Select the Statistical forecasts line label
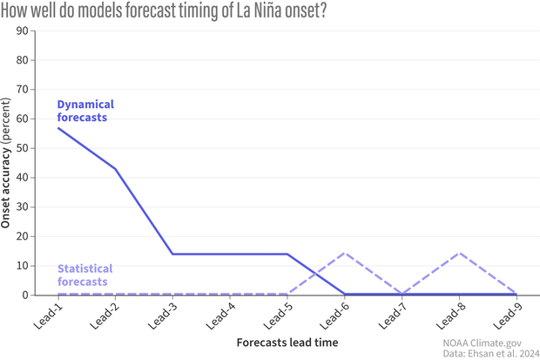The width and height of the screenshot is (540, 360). [84, 275]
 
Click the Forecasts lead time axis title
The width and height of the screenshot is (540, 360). [287, 343]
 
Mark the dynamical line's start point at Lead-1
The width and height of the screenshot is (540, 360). [58, 128]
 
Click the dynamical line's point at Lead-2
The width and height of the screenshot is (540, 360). [115, 168]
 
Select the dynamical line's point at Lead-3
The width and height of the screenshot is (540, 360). [172, 254]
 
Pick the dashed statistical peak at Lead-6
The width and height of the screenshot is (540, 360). [345, 253]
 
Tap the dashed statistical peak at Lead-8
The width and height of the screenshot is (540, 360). [459, 253]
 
